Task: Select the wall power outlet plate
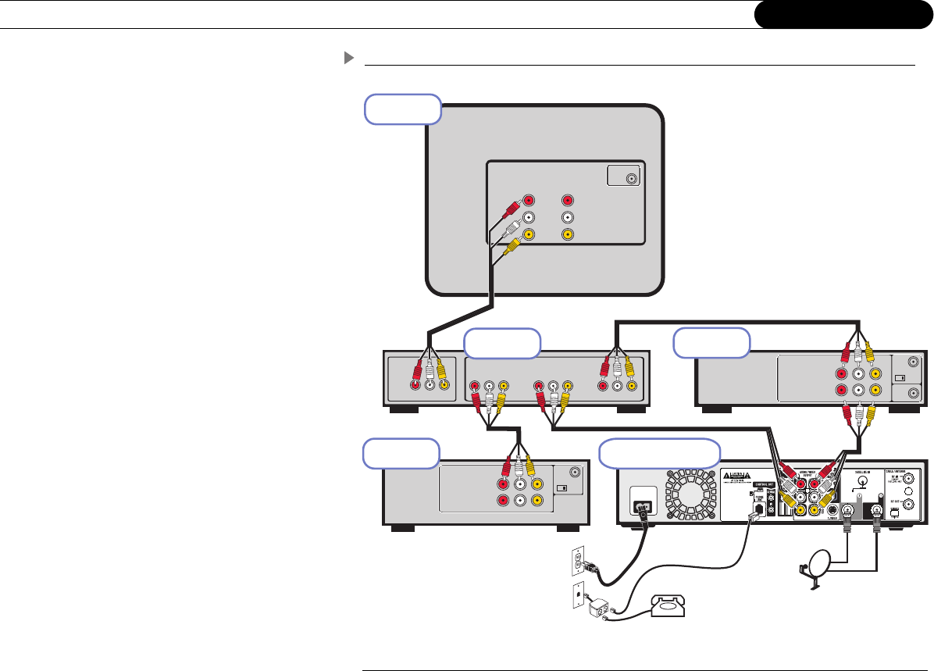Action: coord(579,559)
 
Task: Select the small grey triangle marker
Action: coord(349,59)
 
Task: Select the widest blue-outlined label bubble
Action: coord(659,454)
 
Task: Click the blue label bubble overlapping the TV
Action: coord(403,109)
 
